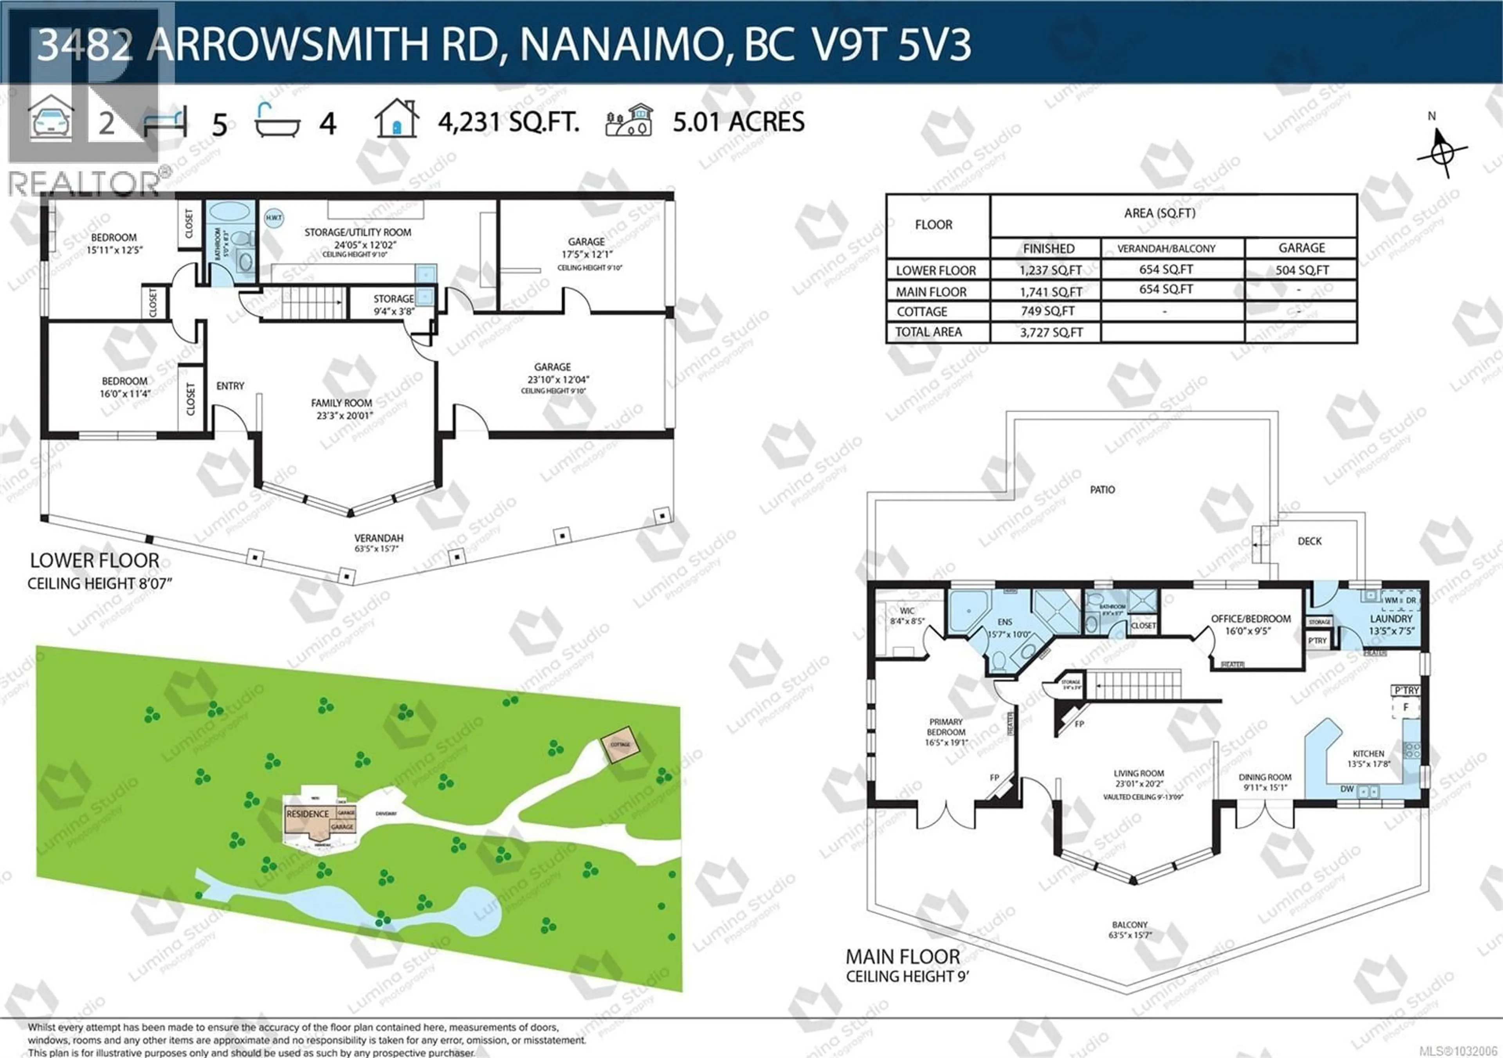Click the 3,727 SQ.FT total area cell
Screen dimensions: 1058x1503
pos(1051,332)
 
